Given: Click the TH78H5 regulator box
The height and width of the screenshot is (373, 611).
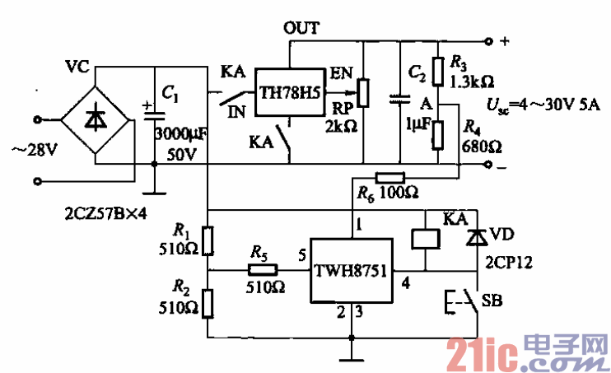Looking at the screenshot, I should pos(290,89).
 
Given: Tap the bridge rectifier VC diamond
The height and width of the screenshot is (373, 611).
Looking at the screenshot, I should pos(97,121).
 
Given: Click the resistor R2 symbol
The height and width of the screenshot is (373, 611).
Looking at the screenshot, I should pos(209,301).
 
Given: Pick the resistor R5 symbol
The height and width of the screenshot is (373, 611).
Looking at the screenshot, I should pos(259,268).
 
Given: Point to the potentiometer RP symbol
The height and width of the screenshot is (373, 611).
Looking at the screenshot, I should pos(362,93).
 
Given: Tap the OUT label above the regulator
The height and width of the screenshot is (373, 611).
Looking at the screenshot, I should pos(301,27).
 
